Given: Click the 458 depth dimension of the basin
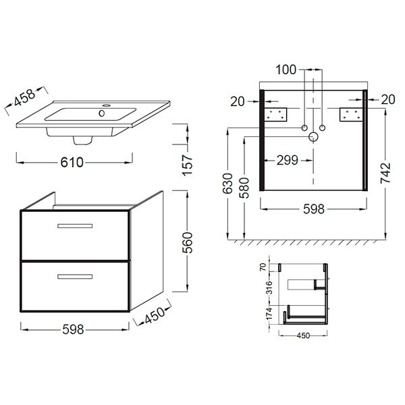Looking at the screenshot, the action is (x=24, y=98).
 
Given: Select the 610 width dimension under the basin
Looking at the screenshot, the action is (x=72, y=163).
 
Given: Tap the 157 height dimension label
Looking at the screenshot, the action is (x=188, y=165).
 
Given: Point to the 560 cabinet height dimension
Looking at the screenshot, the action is (x=188, y=242).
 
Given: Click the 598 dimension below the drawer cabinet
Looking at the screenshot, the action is (x=73, y=329).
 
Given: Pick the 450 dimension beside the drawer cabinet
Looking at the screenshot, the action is (x=154, y=316).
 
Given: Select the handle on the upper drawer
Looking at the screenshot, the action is (x=75, y=226).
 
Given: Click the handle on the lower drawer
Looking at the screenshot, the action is (x=75, y=277).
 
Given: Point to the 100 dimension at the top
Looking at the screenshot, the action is (x=286, y=70).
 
